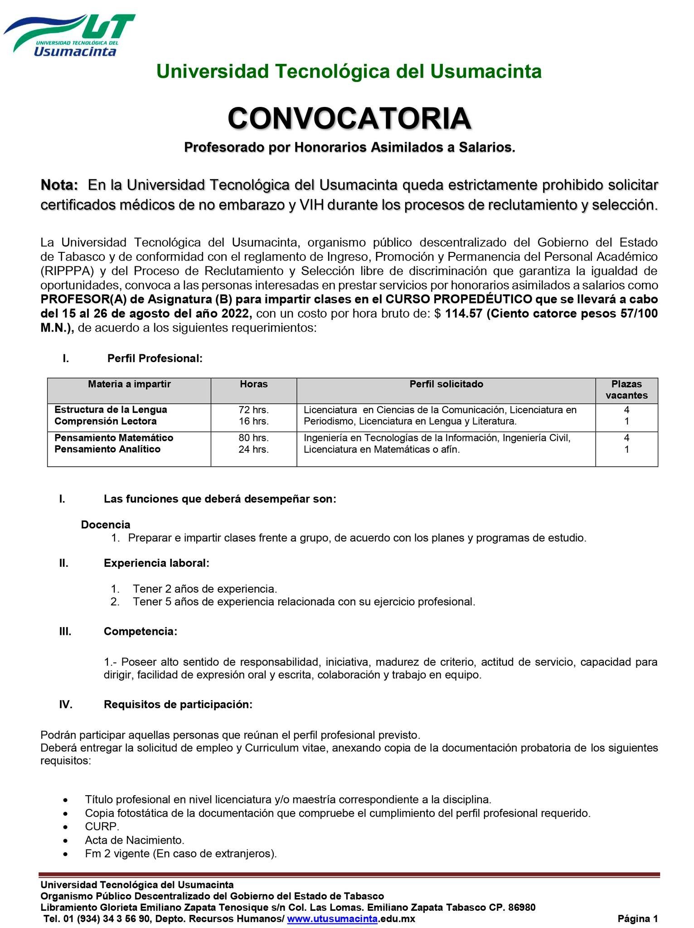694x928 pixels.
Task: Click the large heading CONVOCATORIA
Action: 349,118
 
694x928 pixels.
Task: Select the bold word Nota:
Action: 59,185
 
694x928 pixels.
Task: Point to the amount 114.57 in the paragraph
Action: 464,314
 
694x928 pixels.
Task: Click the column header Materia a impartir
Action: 129,384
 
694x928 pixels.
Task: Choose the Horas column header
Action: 254,384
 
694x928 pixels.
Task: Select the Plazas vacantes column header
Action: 626,390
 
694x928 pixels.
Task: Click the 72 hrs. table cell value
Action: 254,410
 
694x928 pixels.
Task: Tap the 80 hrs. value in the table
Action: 254,438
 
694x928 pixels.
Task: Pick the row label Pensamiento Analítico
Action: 107,449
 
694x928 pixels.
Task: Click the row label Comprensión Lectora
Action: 106,421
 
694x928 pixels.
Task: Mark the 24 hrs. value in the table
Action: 254,449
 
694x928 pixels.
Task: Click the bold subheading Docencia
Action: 106,525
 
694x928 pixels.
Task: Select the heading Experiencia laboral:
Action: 156,563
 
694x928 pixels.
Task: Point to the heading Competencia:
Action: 141,631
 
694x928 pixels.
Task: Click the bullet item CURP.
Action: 102,826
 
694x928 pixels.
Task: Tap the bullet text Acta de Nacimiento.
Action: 135,840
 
